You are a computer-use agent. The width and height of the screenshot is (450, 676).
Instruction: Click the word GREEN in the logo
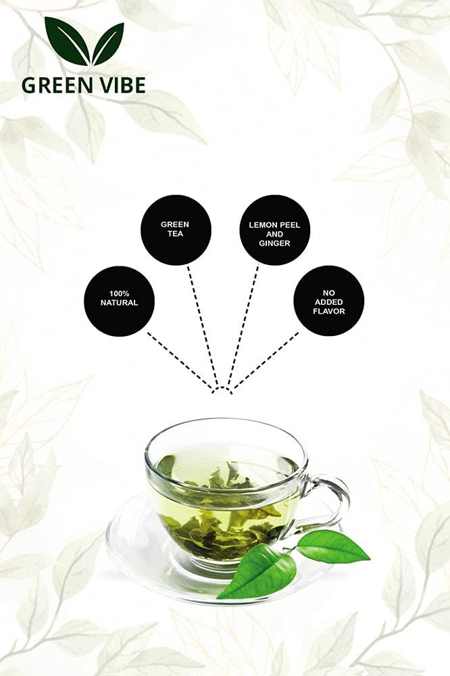55,86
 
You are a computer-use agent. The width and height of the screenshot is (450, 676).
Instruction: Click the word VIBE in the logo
119,86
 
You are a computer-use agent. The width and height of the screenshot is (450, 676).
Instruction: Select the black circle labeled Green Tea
175,229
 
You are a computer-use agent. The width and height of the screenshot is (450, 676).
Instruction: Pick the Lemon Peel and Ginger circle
274,230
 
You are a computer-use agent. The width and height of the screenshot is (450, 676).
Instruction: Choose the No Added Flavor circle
328,300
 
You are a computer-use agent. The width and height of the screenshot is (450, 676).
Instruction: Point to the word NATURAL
119,304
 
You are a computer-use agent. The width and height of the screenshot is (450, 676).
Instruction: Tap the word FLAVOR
328,312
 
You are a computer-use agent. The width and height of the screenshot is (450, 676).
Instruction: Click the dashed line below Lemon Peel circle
243,324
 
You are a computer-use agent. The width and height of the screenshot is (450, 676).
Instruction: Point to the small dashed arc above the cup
222,388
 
